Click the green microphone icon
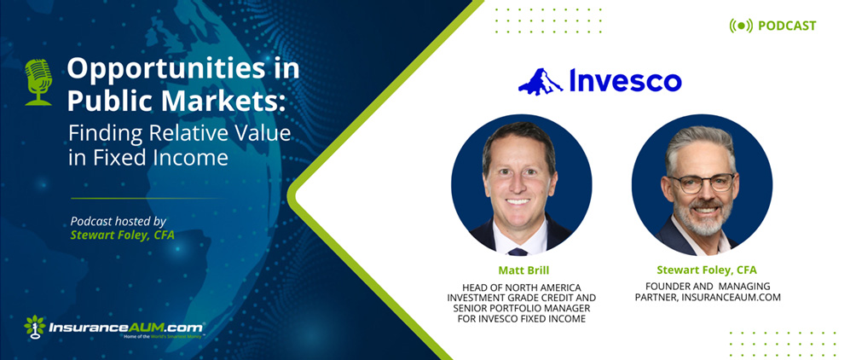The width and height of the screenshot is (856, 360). (38, 82)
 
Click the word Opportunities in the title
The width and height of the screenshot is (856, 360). (146, 68)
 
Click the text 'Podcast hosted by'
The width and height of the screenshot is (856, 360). (119, 220)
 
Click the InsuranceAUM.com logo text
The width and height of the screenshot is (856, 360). (126, 328)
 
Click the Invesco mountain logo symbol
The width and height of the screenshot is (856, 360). (541, 82)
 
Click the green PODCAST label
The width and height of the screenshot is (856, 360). (787, 26)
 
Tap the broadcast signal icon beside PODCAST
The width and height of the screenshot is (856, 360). (741, 26)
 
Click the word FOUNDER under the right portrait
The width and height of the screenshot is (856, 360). (662, 286)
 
